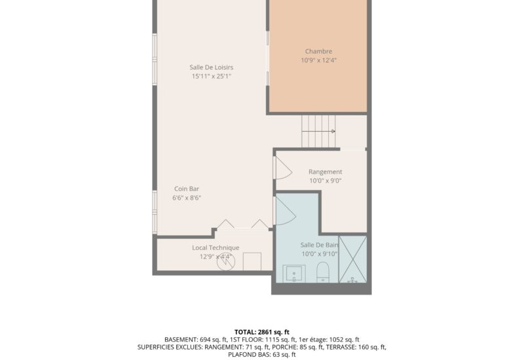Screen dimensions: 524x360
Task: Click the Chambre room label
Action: click(x=318, y=51)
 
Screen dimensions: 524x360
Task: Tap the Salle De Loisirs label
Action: click(x=212, y=67)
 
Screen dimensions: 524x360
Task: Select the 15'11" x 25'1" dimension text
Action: click(x=212, y=76)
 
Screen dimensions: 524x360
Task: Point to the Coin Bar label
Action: click(x=187, y=189)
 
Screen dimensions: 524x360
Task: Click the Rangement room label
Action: click(x=325, y=171)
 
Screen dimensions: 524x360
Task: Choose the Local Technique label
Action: click(x=215, y=247)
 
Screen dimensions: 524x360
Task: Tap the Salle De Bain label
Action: click(x=319, y=245)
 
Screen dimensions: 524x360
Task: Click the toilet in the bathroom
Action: click(x=323, y=272)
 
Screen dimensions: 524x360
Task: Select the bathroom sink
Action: click(x=293, y=274)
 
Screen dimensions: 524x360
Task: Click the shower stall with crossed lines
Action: click(x=353, y=259)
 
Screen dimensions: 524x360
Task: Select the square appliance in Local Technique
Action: click(x=252, y=261)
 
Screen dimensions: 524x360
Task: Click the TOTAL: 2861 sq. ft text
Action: click(x=261, y=332)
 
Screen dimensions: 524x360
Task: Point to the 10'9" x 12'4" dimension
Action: click(x=318, y=60)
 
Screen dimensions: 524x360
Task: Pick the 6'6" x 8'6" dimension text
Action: click(x=187, y=198)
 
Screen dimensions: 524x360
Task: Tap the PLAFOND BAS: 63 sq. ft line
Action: click(x=261, y=354)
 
